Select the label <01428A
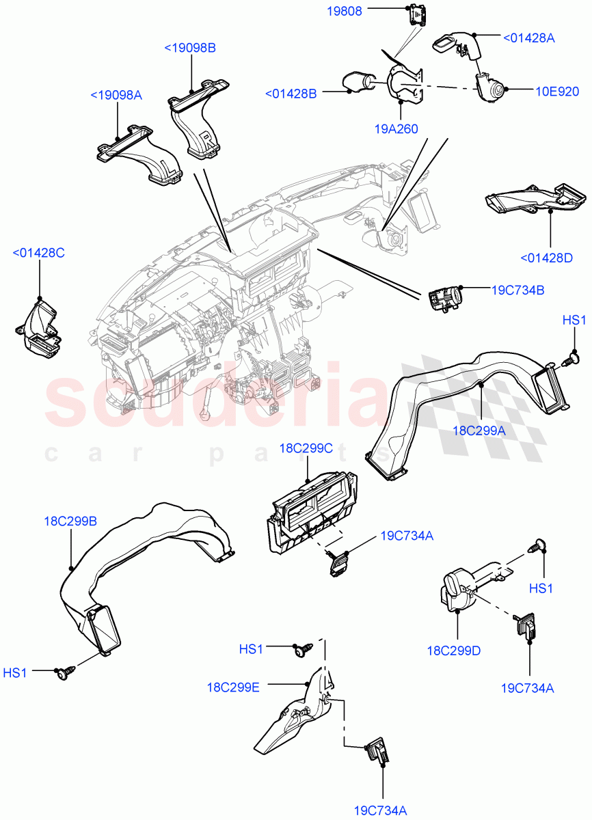point(528,38)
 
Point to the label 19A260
point(396,128)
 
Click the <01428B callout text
point(291,94)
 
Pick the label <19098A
point(116,95)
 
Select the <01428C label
point(38,253)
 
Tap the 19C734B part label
point(517,290)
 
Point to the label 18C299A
point(479,430)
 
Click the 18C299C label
point(306,448)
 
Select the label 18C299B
point(70,521)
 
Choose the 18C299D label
point(454,651)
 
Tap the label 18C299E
point(234,687)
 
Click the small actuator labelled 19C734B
point(444,299)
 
